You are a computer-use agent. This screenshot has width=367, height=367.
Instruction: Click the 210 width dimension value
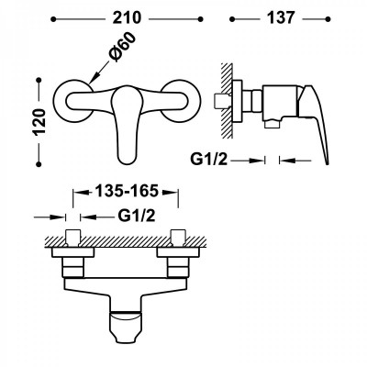point(127,18)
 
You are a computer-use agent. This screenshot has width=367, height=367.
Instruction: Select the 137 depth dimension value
point(281,18)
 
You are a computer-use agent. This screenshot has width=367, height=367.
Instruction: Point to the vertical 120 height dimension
point(39,121)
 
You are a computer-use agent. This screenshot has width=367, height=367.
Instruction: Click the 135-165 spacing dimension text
point(127,191)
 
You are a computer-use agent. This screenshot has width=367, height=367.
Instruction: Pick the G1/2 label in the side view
point(209,160)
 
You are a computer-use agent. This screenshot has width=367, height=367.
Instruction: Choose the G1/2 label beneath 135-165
point(137,217)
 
